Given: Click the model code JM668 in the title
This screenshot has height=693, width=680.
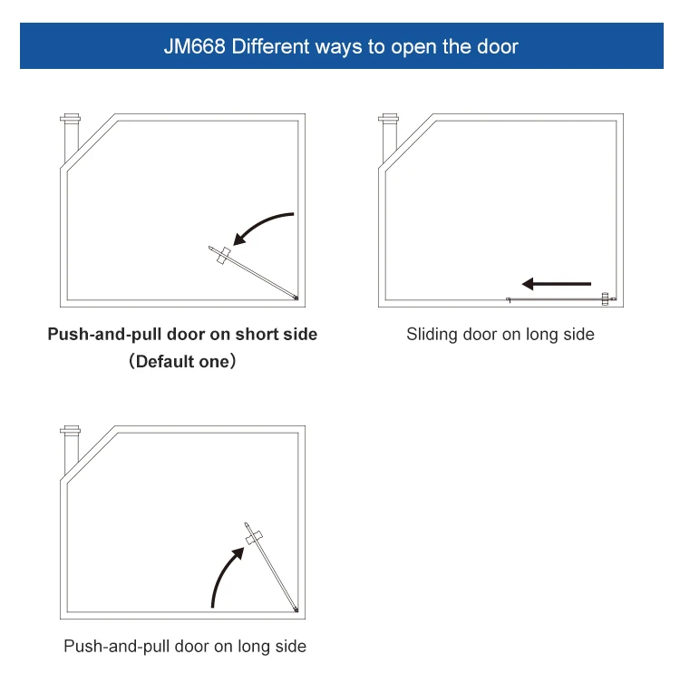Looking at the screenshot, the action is (195, 46).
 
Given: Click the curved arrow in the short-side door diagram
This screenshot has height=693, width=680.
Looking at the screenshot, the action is (263, 227).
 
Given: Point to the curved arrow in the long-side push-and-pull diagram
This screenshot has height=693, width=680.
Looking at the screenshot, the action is (227, 575).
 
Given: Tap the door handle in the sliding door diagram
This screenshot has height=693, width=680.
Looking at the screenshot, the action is (605, 298).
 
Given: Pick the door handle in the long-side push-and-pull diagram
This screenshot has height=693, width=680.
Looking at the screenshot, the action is (255, 537).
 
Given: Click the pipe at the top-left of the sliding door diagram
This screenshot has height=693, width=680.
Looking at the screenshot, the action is (389, 135).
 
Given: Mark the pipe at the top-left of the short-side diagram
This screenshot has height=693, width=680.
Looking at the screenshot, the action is (70, 135).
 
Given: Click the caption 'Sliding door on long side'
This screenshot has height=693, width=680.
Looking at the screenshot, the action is (500, 335).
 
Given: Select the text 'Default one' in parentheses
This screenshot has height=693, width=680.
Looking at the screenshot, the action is (183, 362).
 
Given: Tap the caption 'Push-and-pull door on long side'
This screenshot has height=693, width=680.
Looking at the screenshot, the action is (185, 647).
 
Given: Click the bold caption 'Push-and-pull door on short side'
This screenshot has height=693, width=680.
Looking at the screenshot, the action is (182, 335).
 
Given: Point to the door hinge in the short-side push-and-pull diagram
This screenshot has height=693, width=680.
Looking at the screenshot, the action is (296, 296).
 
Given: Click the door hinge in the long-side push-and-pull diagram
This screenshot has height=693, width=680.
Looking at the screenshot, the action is (296, 610).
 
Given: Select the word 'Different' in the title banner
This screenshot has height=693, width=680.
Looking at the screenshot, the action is (270, 46).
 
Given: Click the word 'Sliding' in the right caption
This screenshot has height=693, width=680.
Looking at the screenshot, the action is (432, 335).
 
